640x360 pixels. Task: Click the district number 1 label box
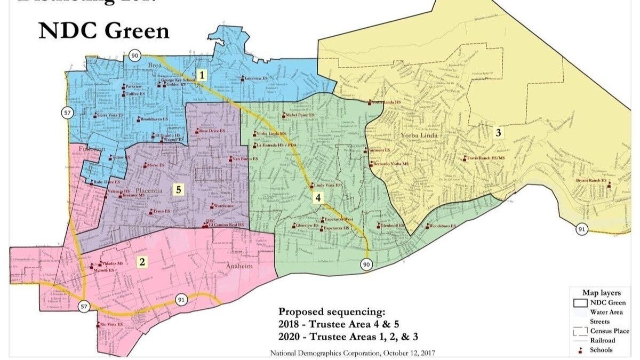click(x=202, y=75)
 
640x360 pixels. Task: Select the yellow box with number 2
click(x=141, y=261)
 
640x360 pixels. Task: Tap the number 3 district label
click(x=498, y=133)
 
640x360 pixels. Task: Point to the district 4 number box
click(x=318, y=198)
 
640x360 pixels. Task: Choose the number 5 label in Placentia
click(x=179, y=189)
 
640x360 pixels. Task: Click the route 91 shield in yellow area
click(x=581, y=229)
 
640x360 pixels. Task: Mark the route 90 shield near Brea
click(x=134, y=55)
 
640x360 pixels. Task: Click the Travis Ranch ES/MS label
click(x=487, y=158)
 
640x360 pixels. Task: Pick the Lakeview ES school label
click(x=256, y=78)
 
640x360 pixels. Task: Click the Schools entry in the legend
click(x=601, y=350)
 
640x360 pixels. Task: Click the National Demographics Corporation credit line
click(x=352, y=353)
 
